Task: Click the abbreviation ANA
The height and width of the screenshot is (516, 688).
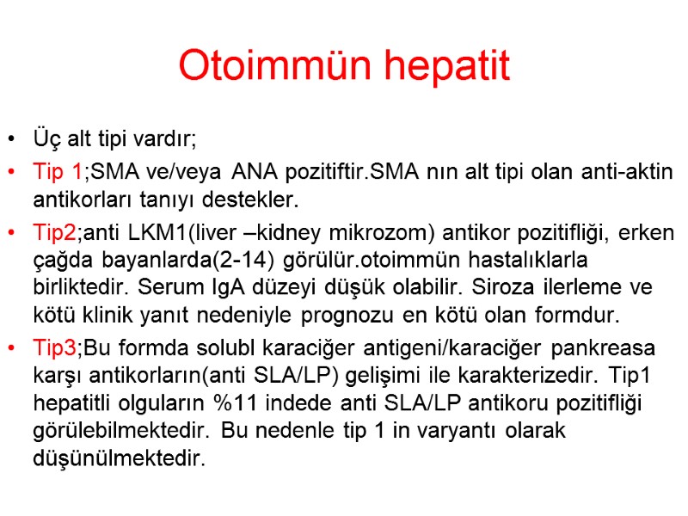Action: [255, 172]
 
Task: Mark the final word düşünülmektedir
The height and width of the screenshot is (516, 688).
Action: [120, 458]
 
